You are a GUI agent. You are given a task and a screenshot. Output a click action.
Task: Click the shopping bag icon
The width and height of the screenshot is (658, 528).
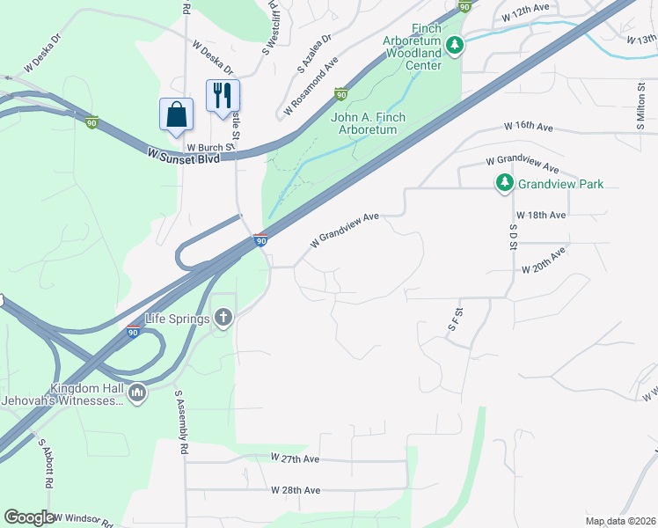pos(176,114)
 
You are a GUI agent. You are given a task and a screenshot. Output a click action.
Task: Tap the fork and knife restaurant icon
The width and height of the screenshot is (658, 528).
pos(223,94)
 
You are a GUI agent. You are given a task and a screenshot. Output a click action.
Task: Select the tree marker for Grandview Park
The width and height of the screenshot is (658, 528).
pos(504,183)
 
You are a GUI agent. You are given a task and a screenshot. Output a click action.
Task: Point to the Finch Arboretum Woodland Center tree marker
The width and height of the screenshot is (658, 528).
pos(454,45)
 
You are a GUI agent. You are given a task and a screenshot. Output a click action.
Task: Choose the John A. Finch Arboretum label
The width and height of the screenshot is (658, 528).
pos(363,123)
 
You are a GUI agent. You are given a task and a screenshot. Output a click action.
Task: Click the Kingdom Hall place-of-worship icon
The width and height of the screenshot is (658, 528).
pos(136,392)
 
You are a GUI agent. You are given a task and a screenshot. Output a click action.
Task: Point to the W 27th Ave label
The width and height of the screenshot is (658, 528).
pos(295,458)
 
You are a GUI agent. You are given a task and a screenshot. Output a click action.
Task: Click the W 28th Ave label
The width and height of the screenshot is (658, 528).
pos(295,489)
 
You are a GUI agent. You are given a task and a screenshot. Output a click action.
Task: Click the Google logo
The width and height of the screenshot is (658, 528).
pos(29,517)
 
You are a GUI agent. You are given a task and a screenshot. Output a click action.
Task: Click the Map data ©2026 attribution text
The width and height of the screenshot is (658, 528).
pos(620,521)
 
